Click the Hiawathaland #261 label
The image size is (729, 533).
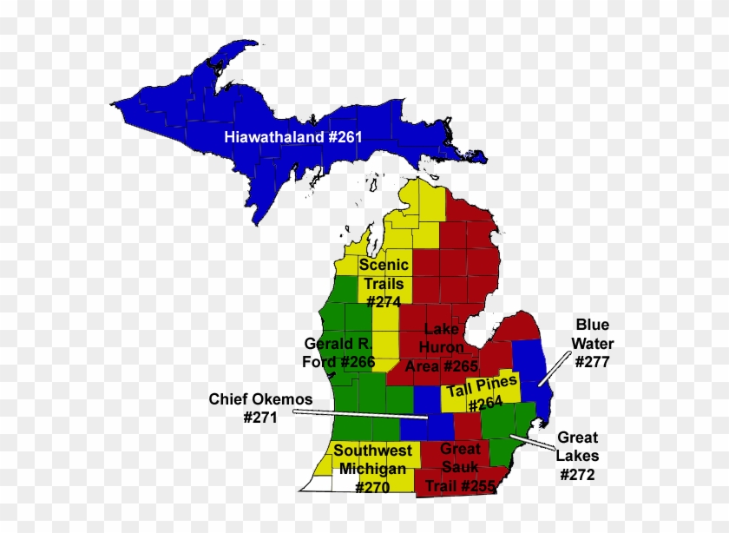pos(292,136)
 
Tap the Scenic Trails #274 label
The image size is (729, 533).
pos(383,283)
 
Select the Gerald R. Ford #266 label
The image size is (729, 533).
pos(338,352)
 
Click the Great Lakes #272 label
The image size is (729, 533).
pos(577,456)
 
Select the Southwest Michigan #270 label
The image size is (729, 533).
pos(373,470)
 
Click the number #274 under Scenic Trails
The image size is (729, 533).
pos(383,302)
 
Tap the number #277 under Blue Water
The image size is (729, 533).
pos(592,362)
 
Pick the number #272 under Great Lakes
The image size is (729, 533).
pos(577,475)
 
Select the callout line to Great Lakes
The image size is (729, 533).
pos(531,442)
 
